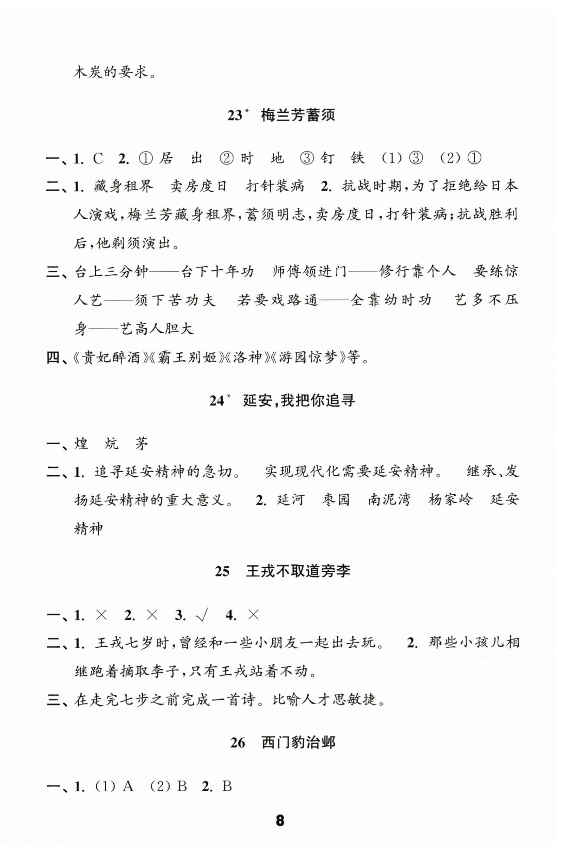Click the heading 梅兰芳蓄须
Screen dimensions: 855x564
tap(298, 116)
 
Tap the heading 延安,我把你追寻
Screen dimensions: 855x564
tap(299, 400)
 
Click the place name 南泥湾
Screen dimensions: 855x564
tap(389, 500)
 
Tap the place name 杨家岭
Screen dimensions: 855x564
tap(450, 500)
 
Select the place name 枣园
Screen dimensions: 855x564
tap(335, 500)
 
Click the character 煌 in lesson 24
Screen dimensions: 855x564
tap(81, 444)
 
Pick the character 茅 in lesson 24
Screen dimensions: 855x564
tap(142, 444)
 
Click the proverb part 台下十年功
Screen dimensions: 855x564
tap(217, 272)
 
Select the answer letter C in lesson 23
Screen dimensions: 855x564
tap(98, 159)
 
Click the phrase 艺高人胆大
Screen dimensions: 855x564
tap(158, 329)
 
